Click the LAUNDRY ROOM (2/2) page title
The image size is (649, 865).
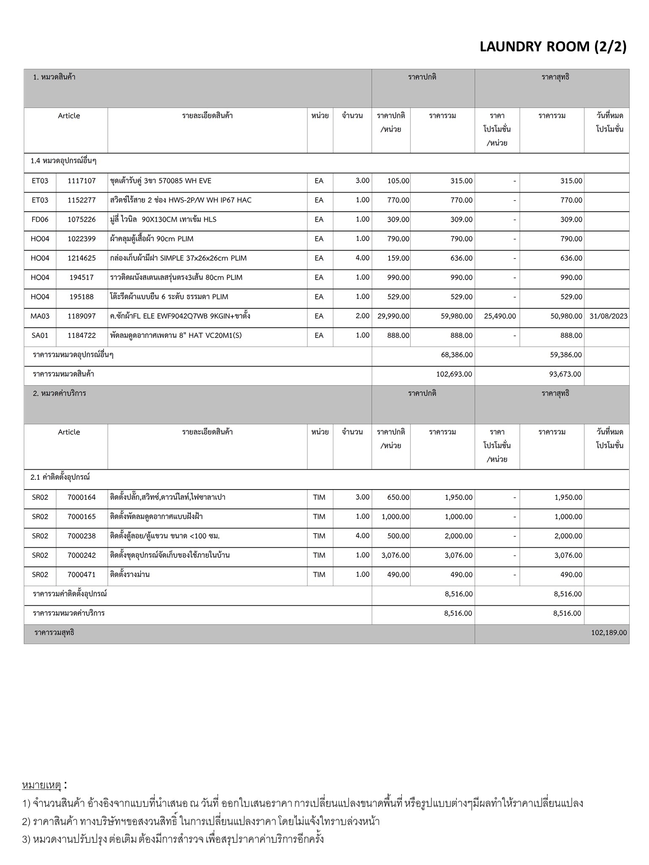(x=553, y=46)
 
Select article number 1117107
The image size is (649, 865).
(x=82, y=181)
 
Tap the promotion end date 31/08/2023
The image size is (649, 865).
(x=608, y=316)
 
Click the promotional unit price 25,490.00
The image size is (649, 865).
(x=499, y=316)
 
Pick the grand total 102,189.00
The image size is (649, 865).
(x=609, y=633)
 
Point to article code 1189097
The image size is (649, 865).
(x=82, y=316)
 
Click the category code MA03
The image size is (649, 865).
(x=40, y=316)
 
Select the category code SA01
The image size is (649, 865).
(x=40, y=335)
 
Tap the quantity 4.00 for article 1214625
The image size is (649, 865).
(x=362, y=258)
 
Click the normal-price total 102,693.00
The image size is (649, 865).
(x=454, y=374)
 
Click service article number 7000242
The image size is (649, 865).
(x=82, y=555)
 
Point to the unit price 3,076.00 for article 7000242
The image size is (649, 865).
(x=395, y=555)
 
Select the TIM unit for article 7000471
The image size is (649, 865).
(x=319, y=574)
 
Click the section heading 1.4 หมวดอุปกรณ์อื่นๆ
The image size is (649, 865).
(x=63, y=161)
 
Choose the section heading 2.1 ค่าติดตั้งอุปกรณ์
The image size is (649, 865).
(x=60, y=477)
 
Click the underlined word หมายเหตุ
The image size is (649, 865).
(x=41, y=785)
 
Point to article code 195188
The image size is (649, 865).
(x=82, y=296)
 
